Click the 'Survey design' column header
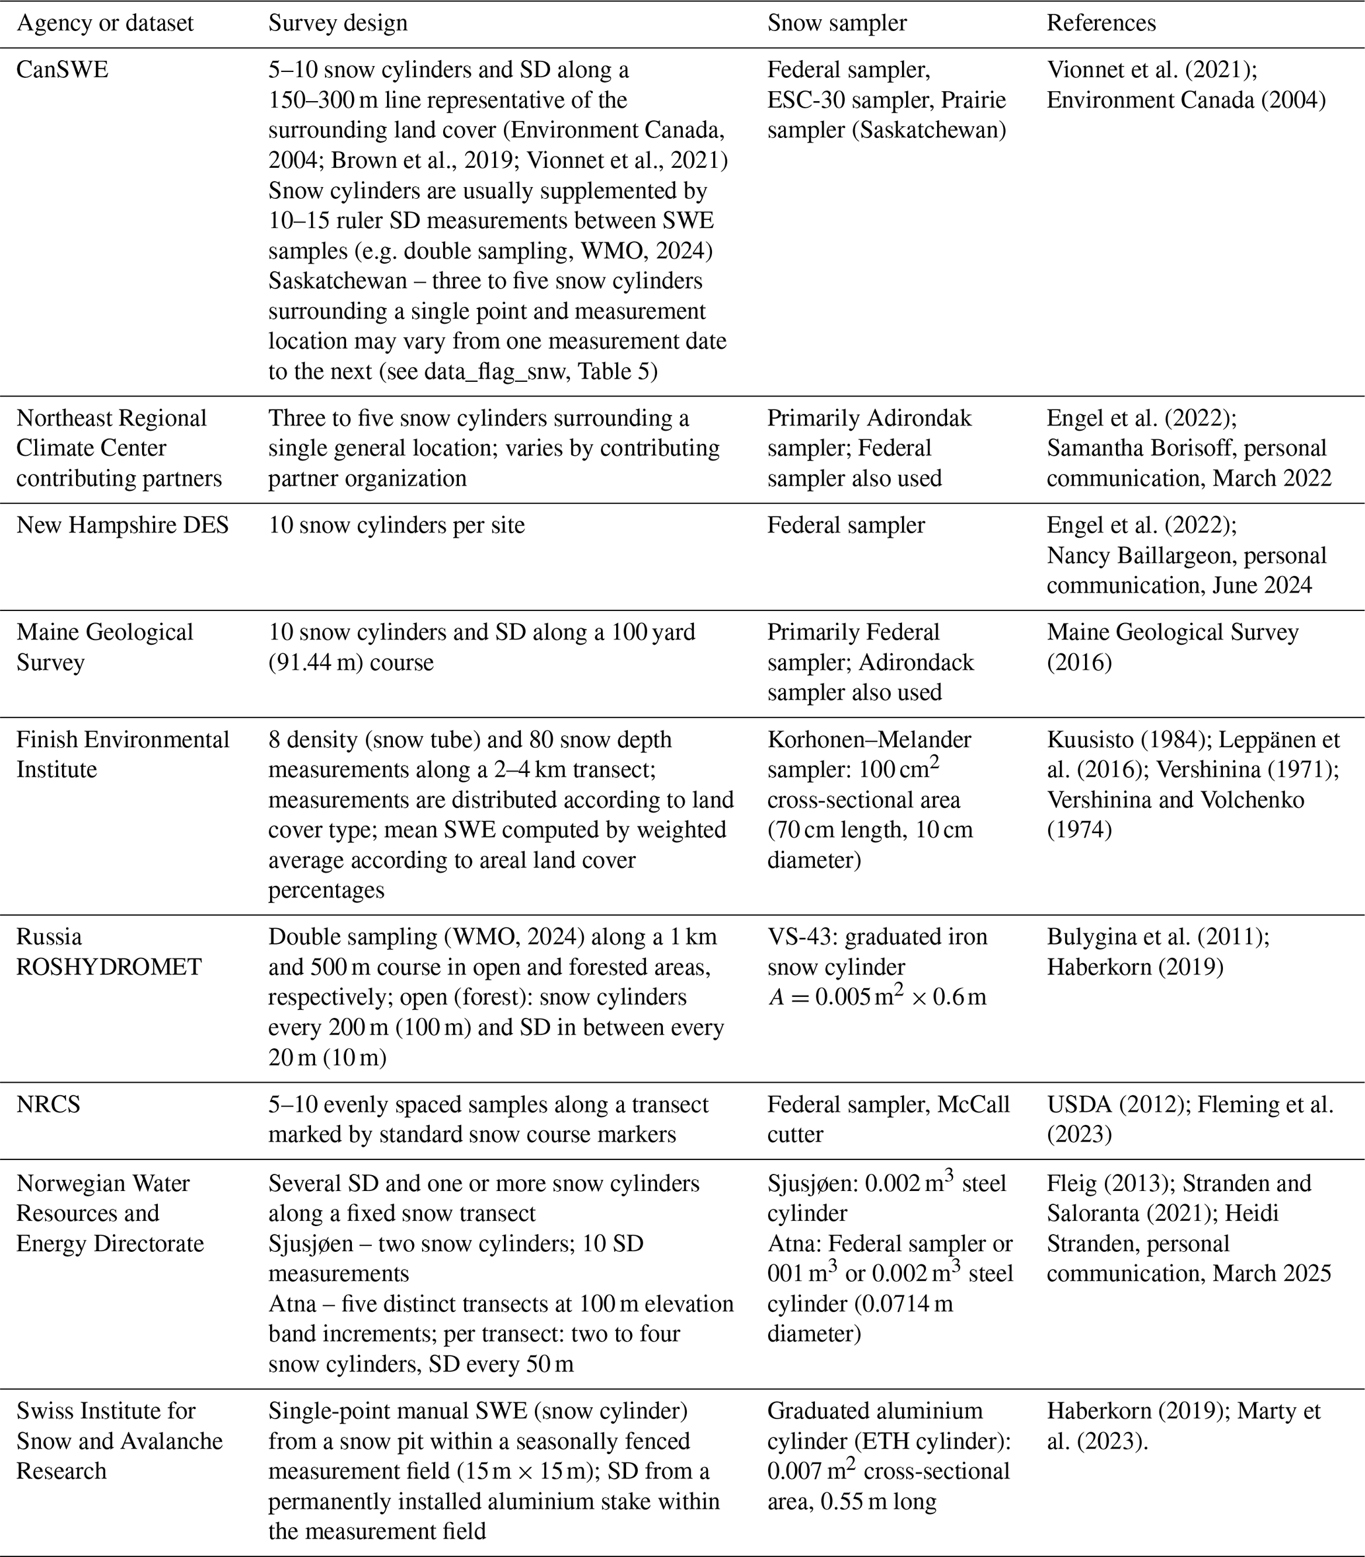click(x=337, y=24)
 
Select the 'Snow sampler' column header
click(x=837, y=24)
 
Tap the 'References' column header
click(x=1101, y=24)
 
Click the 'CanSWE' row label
click(x=63, y=70)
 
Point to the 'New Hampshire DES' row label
click(x=123, y=526)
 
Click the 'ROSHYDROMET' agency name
click(x=109, y=967)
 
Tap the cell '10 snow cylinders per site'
click(x=396, y=526)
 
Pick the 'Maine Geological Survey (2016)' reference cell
click(x=1172, y=647)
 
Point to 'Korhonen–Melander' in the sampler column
click(x=868, y=740)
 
